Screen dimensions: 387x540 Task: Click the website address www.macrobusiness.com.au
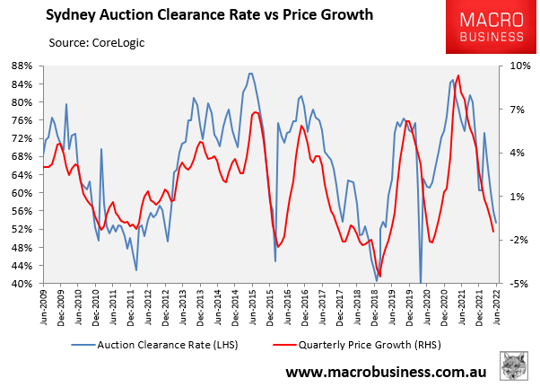pos(387,372)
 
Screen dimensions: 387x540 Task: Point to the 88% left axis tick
pos(22,66)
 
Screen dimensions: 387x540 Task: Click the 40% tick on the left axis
pos(22,284)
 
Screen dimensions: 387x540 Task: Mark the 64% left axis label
pos(22,174)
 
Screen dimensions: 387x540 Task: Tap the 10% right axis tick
pos(519,66)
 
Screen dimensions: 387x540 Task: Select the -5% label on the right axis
pos(519,284)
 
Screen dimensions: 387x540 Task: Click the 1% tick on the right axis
pos(519,196)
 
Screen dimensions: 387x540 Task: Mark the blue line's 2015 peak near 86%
pos(250,74)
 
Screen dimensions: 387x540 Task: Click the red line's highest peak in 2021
pos(458,75)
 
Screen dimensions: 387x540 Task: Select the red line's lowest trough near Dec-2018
pos(379,276)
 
